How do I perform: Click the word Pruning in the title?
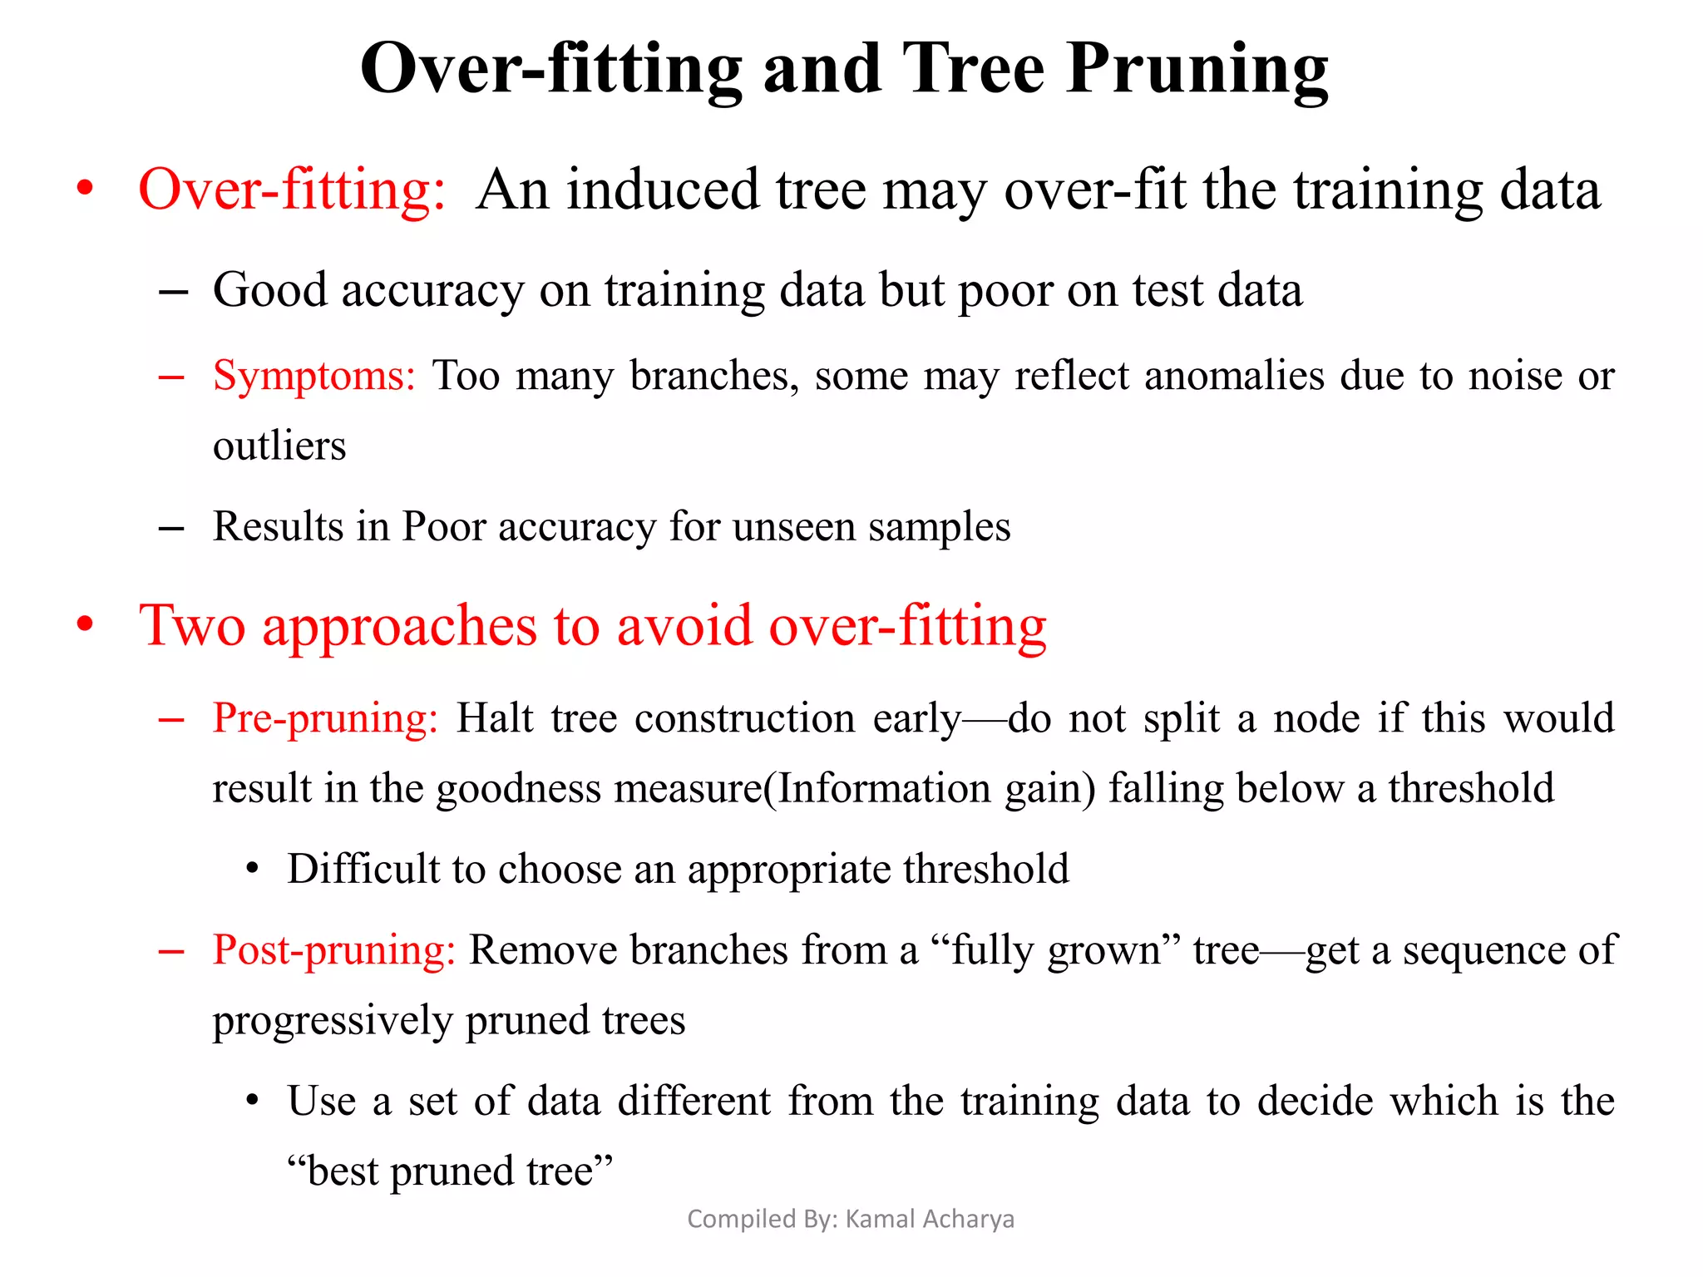coord(1197,70)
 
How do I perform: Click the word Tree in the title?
coord(973,68)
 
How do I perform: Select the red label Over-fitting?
coord(292,190)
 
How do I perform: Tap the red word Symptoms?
coord(314,376)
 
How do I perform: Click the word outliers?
coord(279,446)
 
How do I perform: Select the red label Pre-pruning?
coord(325,718)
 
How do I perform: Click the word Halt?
coord(495,718)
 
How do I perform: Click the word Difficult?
coord(363,870)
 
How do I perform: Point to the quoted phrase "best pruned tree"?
coord(450,1171)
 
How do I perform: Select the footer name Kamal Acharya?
coord(930,1219)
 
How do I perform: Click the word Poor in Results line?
coord(444,527)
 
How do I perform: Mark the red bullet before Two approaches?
coord(84,625)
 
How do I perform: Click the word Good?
coord(270,291)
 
